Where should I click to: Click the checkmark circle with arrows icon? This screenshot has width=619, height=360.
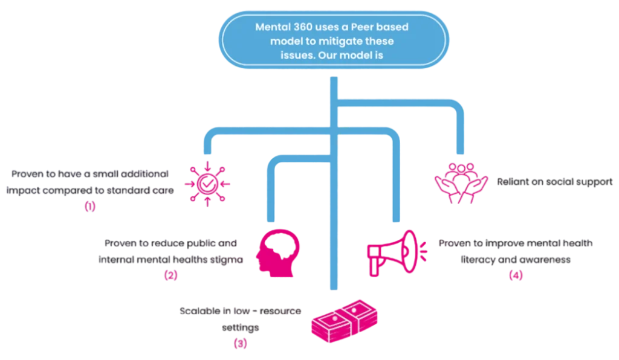coord(207,182)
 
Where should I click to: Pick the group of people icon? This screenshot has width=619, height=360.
coord(462,181)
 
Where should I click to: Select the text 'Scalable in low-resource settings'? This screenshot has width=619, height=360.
coord(241,319)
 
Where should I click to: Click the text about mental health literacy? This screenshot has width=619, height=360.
coord(516,251)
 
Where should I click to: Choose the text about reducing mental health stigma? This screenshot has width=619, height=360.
coord(172,251)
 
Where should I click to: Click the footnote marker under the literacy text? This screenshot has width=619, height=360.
coord(516,275)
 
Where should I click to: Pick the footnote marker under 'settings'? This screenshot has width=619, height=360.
coord(241,344)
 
